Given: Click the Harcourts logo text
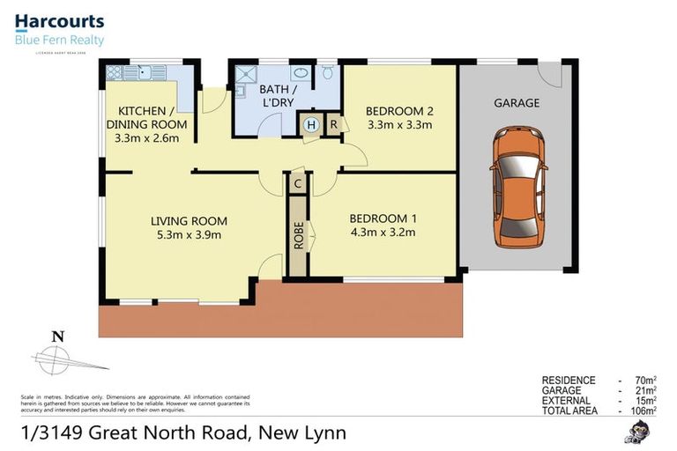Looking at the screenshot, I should pos(59,21).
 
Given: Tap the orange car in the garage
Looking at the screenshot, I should pos(519,185).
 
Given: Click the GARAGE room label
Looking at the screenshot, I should pos(517,103).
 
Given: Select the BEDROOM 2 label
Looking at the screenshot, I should pos(399,111).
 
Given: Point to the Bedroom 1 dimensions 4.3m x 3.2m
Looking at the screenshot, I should pos(382,233).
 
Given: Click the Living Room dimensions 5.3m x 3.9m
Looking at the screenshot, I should pos(189,234).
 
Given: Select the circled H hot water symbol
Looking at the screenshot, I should pos(310,125).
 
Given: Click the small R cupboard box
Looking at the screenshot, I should pos(333,125).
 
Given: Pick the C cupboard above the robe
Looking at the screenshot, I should pos(299,183).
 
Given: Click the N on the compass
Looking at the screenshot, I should pos(58,336).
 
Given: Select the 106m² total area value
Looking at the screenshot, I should pos(643,410).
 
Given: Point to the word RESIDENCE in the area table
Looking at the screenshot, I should pos(569,381).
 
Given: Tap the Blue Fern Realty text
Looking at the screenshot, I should pos(59,40).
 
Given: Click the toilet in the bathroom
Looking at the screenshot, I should pos(326,70).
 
